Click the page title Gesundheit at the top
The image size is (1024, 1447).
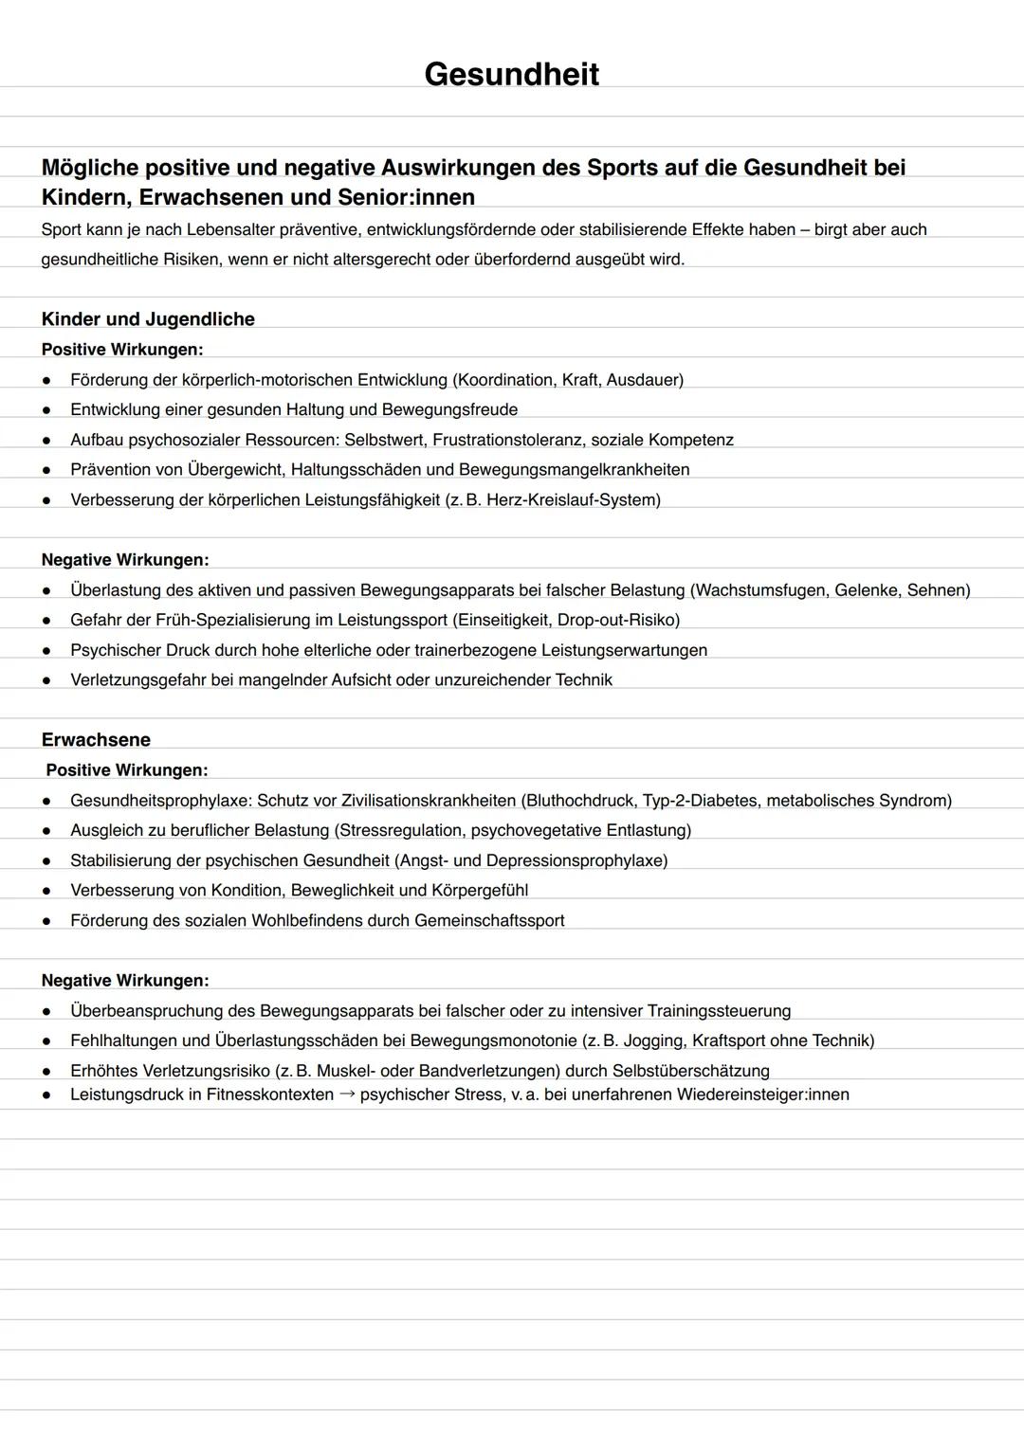coord(511,74)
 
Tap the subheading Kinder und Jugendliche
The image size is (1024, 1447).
coord(148,319)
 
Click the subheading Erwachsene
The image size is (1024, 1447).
coord(96,740)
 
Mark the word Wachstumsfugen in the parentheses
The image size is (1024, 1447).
coord(759,590)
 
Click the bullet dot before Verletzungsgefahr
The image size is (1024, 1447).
coord(46,680)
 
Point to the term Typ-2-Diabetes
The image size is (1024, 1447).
coord(699,801)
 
